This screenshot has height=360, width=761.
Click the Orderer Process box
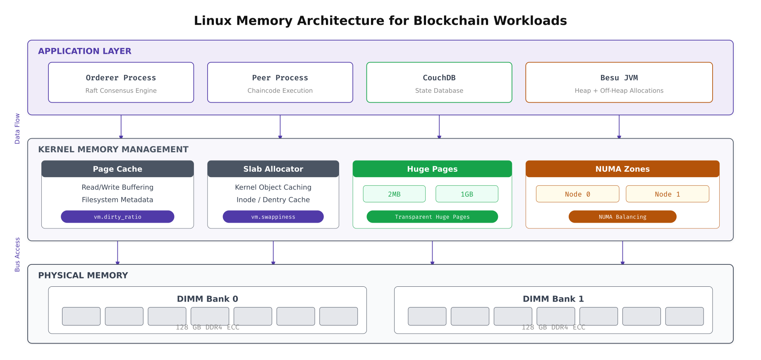pos(121,82)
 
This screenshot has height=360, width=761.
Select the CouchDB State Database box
pos(439,82)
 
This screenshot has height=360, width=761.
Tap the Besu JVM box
pos(619,82)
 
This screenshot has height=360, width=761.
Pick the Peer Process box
pos(280,82)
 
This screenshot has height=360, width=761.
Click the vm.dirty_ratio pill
pos(117,217)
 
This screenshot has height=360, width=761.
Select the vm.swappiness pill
pos(273,217)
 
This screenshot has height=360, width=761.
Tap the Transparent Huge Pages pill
pos(432,217)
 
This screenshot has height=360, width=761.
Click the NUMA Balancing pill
pos(622,217)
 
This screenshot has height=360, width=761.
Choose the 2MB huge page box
pos(394,194)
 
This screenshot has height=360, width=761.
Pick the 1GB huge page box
pos(467,194)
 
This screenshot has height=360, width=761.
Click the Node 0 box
pos(577,194)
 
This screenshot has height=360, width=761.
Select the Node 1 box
pos(667,194)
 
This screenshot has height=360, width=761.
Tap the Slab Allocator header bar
pos(273,169)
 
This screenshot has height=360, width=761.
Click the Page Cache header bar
pos(117,169)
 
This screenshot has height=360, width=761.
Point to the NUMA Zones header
pos(622,169)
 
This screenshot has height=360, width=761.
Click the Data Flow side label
pos(17,129)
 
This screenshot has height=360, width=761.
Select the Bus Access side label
pos(17,254)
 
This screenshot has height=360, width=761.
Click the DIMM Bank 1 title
pos(553,299)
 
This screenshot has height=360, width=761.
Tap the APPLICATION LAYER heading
pos(85,51)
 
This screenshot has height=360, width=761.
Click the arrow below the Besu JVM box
pos(619,127)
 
